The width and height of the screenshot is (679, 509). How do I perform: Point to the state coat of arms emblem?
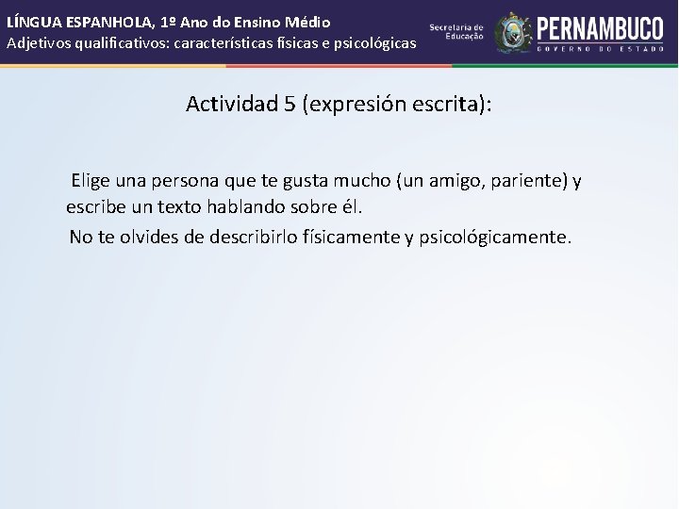click(513, 32)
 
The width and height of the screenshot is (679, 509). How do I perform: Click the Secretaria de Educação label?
click(456, 31)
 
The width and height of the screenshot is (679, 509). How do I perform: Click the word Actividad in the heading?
click(231, 104)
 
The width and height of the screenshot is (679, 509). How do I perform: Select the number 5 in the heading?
click(290, 104)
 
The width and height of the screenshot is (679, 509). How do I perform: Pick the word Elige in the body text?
click(91, 180)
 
